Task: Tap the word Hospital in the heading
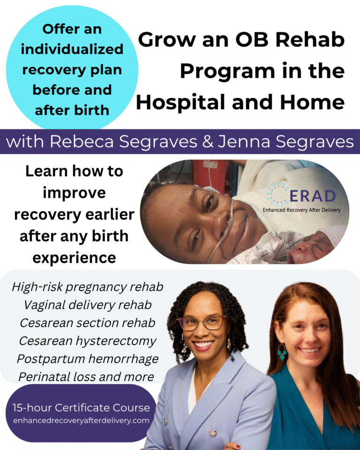[x=181, y=103]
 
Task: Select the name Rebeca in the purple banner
[x=82, y=142]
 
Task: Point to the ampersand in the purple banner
[x=208, y=142]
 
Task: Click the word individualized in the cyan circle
[x=72, y=49]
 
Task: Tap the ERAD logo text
[x=313, y=196]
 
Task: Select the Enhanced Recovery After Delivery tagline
[x=301, y=210]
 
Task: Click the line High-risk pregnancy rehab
[x=88, y=287]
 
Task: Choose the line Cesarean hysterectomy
[x=88, y=341]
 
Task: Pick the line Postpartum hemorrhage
[x=88, y=359]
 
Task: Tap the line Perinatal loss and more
[x=86, y=377]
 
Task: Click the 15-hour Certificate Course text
[x=81, y=407]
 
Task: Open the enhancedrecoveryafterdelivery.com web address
[x=81, y=421]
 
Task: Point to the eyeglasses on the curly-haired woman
[x=202, y=323]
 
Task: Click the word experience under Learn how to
[x=74, y=258]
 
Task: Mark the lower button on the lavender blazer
[x=213, y=433]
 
